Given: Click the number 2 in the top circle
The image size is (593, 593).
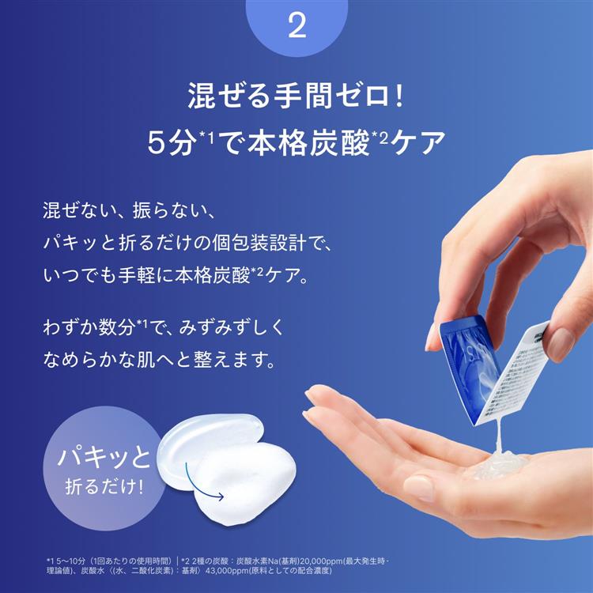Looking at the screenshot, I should click(297, 27).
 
